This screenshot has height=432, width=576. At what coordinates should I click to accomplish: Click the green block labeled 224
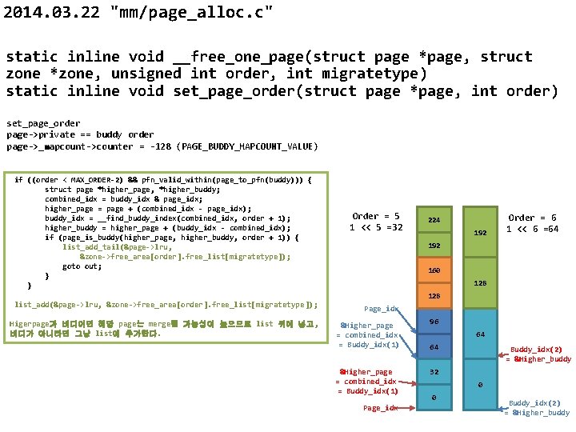coord(434,220)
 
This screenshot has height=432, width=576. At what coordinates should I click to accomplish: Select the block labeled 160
coord(434,271)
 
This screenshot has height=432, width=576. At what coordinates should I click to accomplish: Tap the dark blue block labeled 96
coord(434,322)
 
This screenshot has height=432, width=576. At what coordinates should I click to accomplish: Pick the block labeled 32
coord(434,372)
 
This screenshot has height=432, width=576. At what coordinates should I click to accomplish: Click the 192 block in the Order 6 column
coord(481,233)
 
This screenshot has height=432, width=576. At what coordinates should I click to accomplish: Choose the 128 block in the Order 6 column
coord(481,283)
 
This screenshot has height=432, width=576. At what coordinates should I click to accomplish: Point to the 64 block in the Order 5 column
coord(434,347)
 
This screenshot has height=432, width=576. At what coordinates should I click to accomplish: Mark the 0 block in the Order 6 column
coord(481,385)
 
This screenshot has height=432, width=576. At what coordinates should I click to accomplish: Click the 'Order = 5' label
coord(376,216)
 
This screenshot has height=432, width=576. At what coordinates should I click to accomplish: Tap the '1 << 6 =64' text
coord(532,229)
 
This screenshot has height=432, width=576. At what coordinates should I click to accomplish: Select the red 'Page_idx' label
coord(380,408)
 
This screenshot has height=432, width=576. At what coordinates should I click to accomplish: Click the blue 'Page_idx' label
coord(381,308)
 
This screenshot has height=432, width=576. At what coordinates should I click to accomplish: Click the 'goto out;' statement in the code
coord(82,266)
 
